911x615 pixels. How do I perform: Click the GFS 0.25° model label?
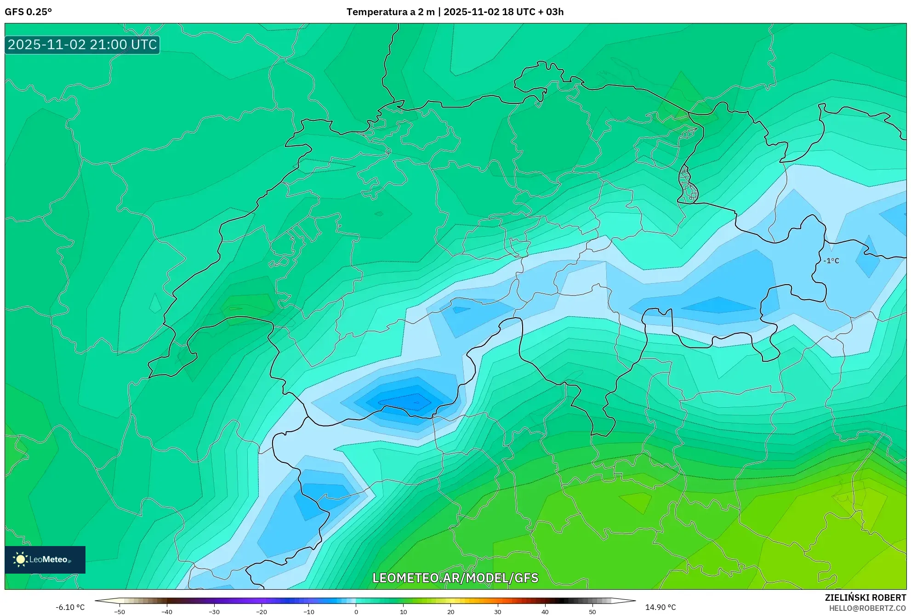pyautogui.click(x=28, y=12)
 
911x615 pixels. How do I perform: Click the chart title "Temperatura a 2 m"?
pyautogui.click(x=390, y=12)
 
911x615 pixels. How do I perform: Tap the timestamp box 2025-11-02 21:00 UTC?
pyautogui.click(x=82, y=45)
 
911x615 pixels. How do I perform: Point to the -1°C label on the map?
pyautogui.click(x=831, y=261)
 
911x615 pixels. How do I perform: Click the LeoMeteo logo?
pyautogui.click(x=45, y=559)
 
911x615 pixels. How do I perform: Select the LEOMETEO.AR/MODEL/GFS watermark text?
pyautogui.click(x=455, y=578)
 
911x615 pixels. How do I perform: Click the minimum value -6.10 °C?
pyautogui.click(x=70, y=607)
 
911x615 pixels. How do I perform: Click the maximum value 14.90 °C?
pyautogui.click(x=660, y=607)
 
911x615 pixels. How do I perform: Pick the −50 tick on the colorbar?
pyautogui.click(x=120, y=612)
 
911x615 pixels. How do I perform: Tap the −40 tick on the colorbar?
pyautogui.click(x=167, y=612)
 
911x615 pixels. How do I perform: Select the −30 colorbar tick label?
pyautogui.click(x=214, y=612)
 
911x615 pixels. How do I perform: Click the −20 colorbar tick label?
pyautogui.click(x=262, y=612)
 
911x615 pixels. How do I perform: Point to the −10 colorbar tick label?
pyautogui.click(x=309, y=612)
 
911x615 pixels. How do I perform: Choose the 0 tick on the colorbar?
pyautogui.click(x=356, y=612)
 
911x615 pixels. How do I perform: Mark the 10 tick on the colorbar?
pyautogui.click(x=404, y=612)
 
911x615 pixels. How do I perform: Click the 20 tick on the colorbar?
pyautogui.click(x=451, y=612)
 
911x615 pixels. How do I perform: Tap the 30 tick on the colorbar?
pyautogui.click(x=498, y=612)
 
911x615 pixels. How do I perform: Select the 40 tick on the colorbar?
pyautogui.click(x=545, y=612)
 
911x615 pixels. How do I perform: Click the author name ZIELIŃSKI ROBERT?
pyautogui.click(x=865, y=598)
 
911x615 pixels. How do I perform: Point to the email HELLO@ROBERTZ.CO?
pyautogui.click(x=867, y=608)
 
